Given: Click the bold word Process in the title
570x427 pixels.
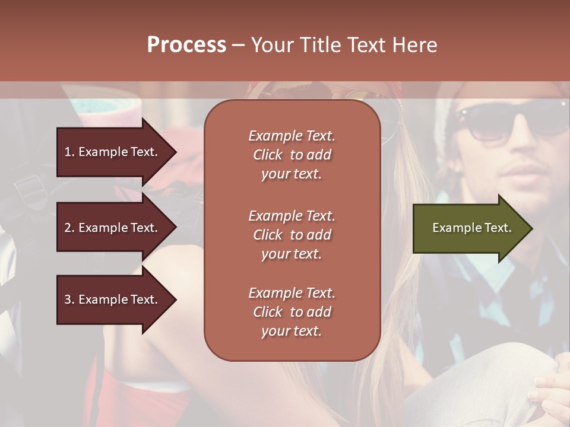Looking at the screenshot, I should (186, 45).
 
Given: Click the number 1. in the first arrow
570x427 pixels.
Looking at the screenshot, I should (69, 152).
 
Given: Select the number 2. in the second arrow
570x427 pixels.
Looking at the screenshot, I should (69, 228).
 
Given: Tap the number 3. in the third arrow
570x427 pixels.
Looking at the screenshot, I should (69, 299).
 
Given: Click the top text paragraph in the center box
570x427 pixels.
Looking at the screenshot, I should (292, 155).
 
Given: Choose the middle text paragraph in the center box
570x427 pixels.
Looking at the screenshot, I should (292, 235).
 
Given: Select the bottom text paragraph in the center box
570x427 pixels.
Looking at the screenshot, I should (292, 312).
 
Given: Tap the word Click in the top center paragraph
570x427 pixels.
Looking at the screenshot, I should (268, 155).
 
